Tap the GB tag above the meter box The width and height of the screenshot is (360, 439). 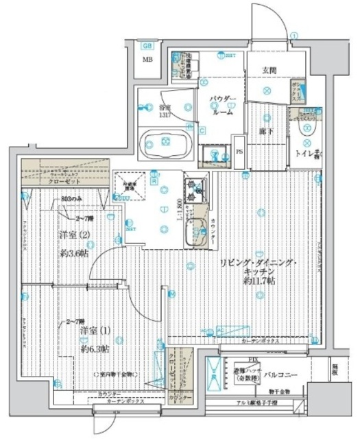[x=147, y=46]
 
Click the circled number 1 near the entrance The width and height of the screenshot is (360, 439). [x=294, y=35]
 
